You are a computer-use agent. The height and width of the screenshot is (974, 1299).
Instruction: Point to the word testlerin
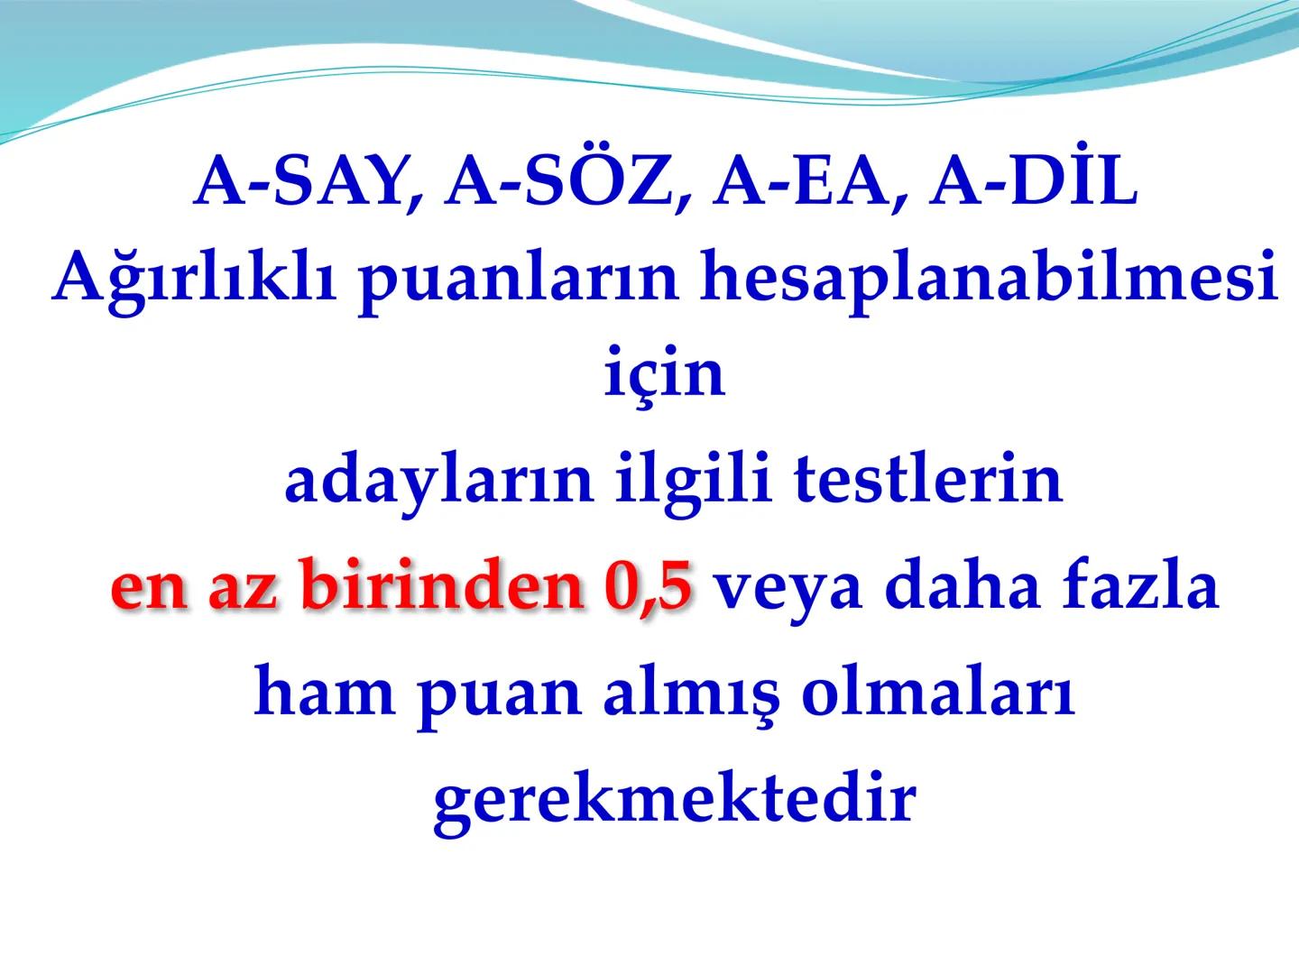tap(928, 480)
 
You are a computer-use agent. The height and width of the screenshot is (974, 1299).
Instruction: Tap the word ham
tap(326, 694)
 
